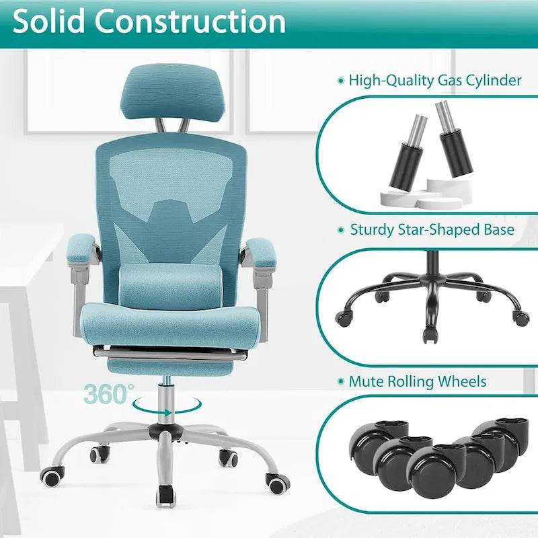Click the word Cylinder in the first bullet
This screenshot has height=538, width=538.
click(490, 80)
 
